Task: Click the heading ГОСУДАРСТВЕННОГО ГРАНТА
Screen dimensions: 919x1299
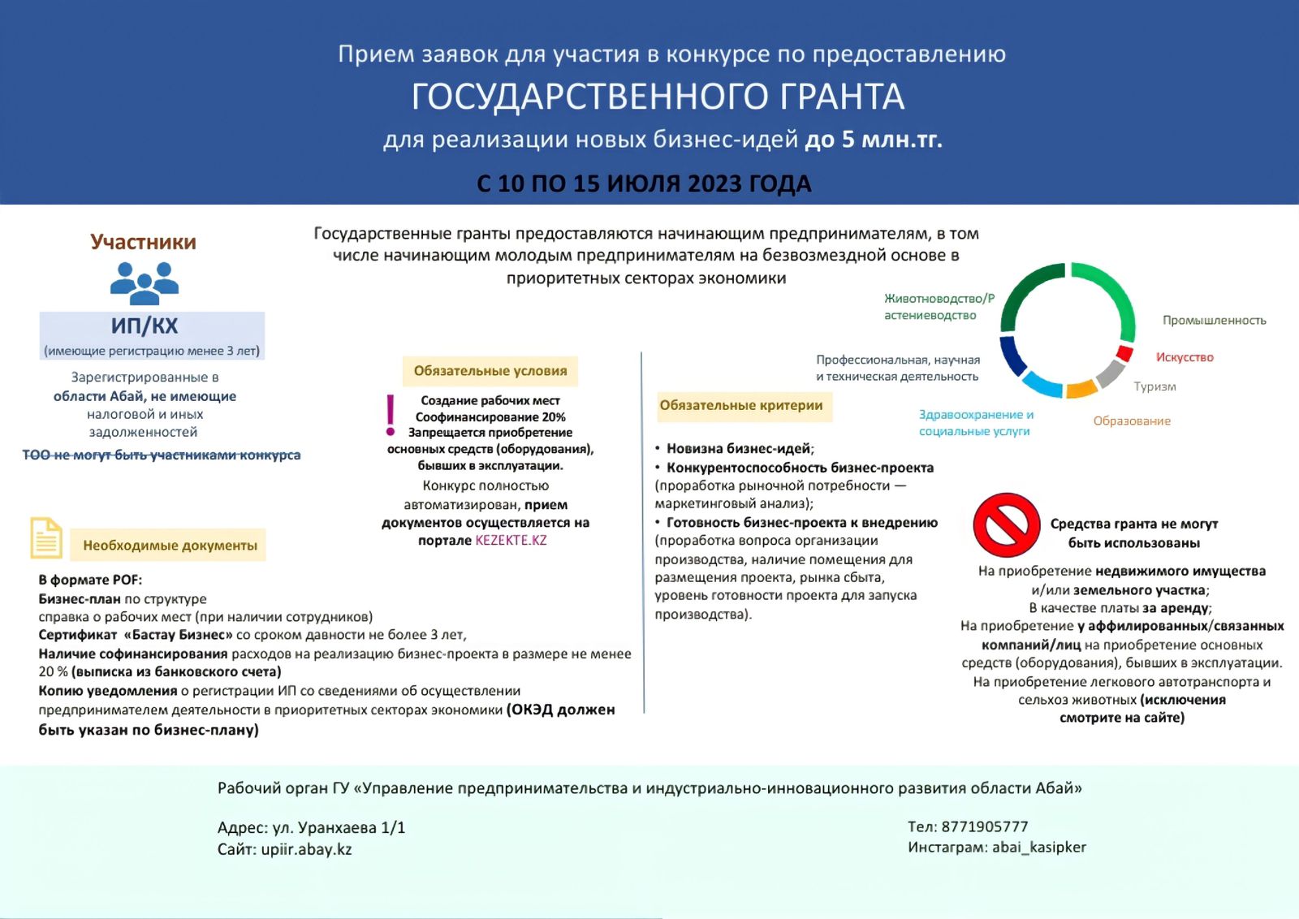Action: tap(658, 97)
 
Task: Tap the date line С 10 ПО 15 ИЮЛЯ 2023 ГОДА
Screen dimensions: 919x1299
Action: tap(644, 183)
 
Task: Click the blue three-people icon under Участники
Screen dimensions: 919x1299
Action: tap(145, 283)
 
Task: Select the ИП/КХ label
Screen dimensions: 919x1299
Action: tap(145, 326)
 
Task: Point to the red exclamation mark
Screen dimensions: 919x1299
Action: tap(391, 414)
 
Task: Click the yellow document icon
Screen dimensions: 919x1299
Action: tap(46, 537)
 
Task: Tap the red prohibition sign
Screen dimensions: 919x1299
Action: tap(1006, 524)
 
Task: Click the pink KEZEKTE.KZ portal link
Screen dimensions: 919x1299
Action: tap(511, 541)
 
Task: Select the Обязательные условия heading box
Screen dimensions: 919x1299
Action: tap(490, 371)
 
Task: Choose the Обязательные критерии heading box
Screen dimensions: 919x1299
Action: tap(741, 405)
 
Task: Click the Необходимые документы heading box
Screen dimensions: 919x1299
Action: tap(170, 546)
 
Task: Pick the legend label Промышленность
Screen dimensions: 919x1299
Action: tap(1214, 321)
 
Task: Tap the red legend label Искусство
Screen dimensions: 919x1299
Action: tap(1185, 357)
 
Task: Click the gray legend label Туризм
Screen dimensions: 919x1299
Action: tap(1154, 386)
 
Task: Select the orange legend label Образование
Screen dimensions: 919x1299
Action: tap(1132, 421)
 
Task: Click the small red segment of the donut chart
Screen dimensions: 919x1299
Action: tap(1124, 353)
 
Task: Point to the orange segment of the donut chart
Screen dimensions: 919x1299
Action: tap(1081, 390)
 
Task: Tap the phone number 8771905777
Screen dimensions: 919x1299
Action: tap(985, 826)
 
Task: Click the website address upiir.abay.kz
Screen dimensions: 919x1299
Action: tap(306, 849)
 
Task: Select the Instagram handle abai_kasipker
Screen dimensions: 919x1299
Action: tap(1038, 847)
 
